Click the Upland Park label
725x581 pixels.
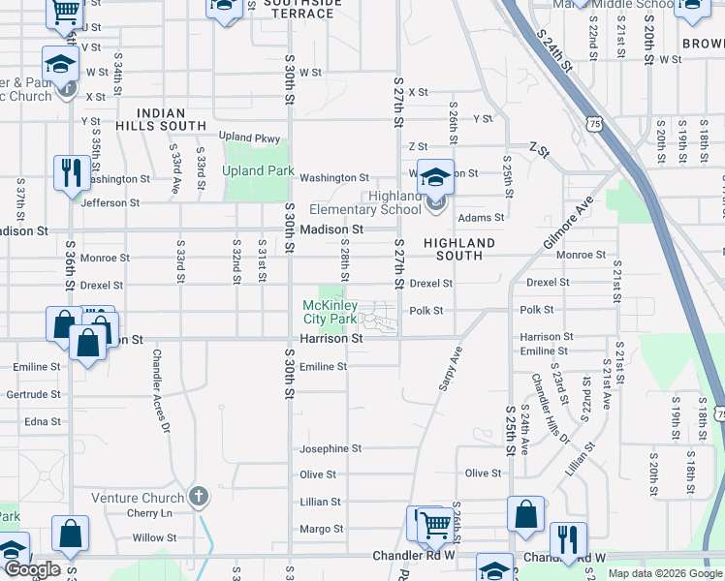pyautogui.click(x=257, y=170)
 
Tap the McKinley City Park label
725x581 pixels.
pyautogui.click(x=329, y=312)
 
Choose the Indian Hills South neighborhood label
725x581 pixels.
pyautogui.click(x=161, y=119)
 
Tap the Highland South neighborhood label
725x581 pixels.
pyautogui.click(x=459, y=249)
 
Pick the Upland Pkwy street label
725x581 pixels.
pyautogui.click(x=249, y=138)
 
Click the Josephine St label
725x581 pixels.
pyautogui.click(x=330, y=449)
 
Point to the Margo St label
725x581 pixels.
pyautogui.click(x=322, y=529)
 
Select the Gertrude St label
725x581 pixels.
pyautogui.click(x=33, y=394)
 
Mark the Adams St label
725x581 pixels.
pyautogui.click(x=482, y=218)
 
